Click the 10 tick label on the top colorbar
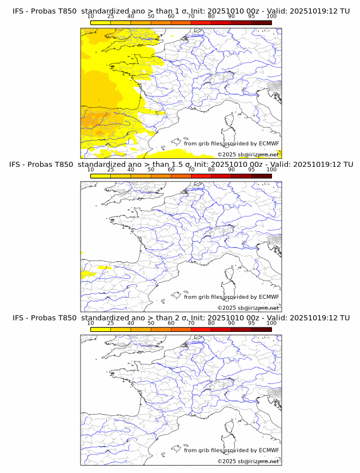coord(90,16)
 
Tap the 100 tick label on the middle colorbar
coord(271,170)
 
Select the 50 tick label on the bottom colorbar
coord(151,323)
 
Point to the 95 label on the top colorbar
coord(251,16)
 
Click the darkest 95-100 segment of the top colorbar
coord(261,22)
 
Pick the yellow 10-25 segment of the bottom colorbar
coord(101,330)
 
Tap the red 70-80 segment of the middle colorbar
coord(201,176)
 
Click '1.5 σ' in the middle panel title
coord(178,165)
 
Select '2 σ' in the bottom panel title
coord(178,318)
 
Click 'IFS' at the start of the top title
coord(19,11)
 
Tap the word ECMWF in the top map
coord(269,143)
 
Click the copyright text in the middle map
coord(248,308)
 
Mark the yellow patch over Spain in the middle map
coord(88,274)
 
